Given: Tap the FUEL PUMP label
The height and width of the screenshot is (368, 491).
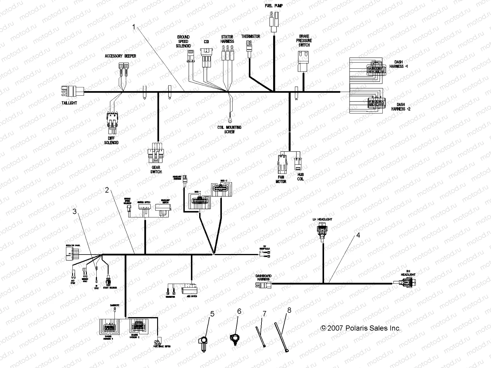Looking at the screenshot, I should click(273, 6).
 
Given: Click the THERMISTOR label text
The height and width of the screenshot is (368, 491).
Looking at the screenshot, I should click(250, 36).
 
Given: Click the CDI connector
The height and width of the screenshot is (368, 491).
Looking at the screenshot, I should click(207, 56).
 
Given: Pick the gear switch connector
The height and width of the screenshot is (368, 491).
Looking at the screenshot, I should click(156, 152).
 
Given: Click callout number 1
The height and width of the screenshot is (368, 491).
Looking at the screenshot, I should click(133, 27).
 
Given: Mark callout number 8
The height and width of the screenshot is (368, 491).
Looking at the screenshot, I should click(289, 310).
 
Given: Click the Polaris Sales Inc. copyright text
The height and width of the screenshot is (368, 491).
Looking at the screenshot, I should click(361, 328).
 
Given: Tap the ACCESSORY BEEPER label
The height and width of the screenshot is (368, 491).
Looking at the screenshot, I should click(120, 56).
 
